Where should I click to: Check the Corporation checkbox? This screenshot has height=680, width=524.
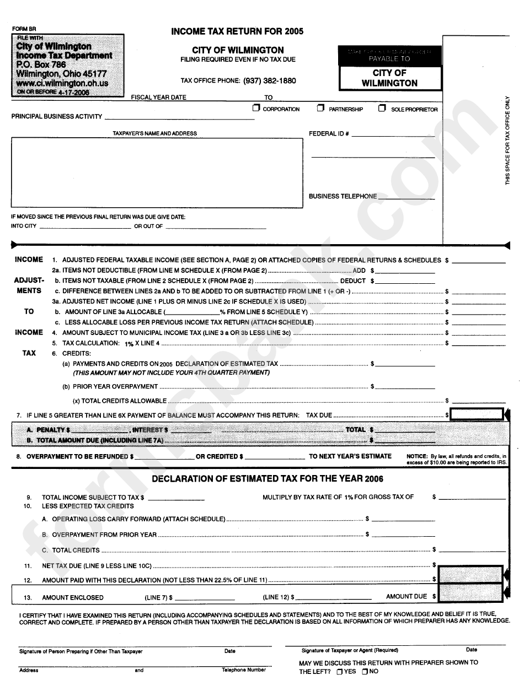point(256,109)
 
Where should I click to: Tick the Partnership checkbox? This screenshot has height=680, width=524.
point(320,109)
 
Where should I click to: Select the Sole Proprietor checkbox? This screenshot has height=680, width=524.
point(382,109)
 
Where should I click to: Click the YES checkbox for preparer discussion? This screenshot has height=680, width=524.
point(339,672)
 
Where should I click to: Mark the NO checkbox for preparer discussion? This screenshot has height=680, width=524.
point(365,672)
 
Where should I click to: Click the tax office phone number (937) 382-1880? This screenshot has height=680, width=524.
point(269,80)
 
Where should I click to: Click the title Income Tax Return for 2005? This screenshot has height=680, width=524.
point(237,31)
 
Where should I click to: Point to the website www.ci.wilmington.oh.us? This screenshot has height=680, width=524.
point(62,83)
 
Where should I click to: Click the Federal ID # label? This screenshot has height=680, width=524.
point(329,134)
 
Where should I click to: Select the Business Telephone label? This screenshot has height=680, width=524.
point(343,196)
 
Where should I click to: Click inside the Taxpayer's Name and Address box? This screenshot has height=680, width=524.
point(157,172)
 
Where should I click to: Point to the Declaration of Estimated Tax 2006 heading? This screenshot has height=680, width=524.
point(268,479)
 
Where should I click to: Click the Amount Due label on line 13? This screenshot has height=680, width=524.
point(407,596)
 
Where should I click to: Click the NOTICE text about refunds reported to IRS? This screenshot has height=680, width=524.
point(456,460)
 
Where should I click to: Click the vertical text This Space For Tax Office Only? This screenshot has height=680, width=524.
point(507,140)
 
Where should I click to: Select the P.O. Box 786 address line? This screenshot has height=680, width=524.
point(41,64)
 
